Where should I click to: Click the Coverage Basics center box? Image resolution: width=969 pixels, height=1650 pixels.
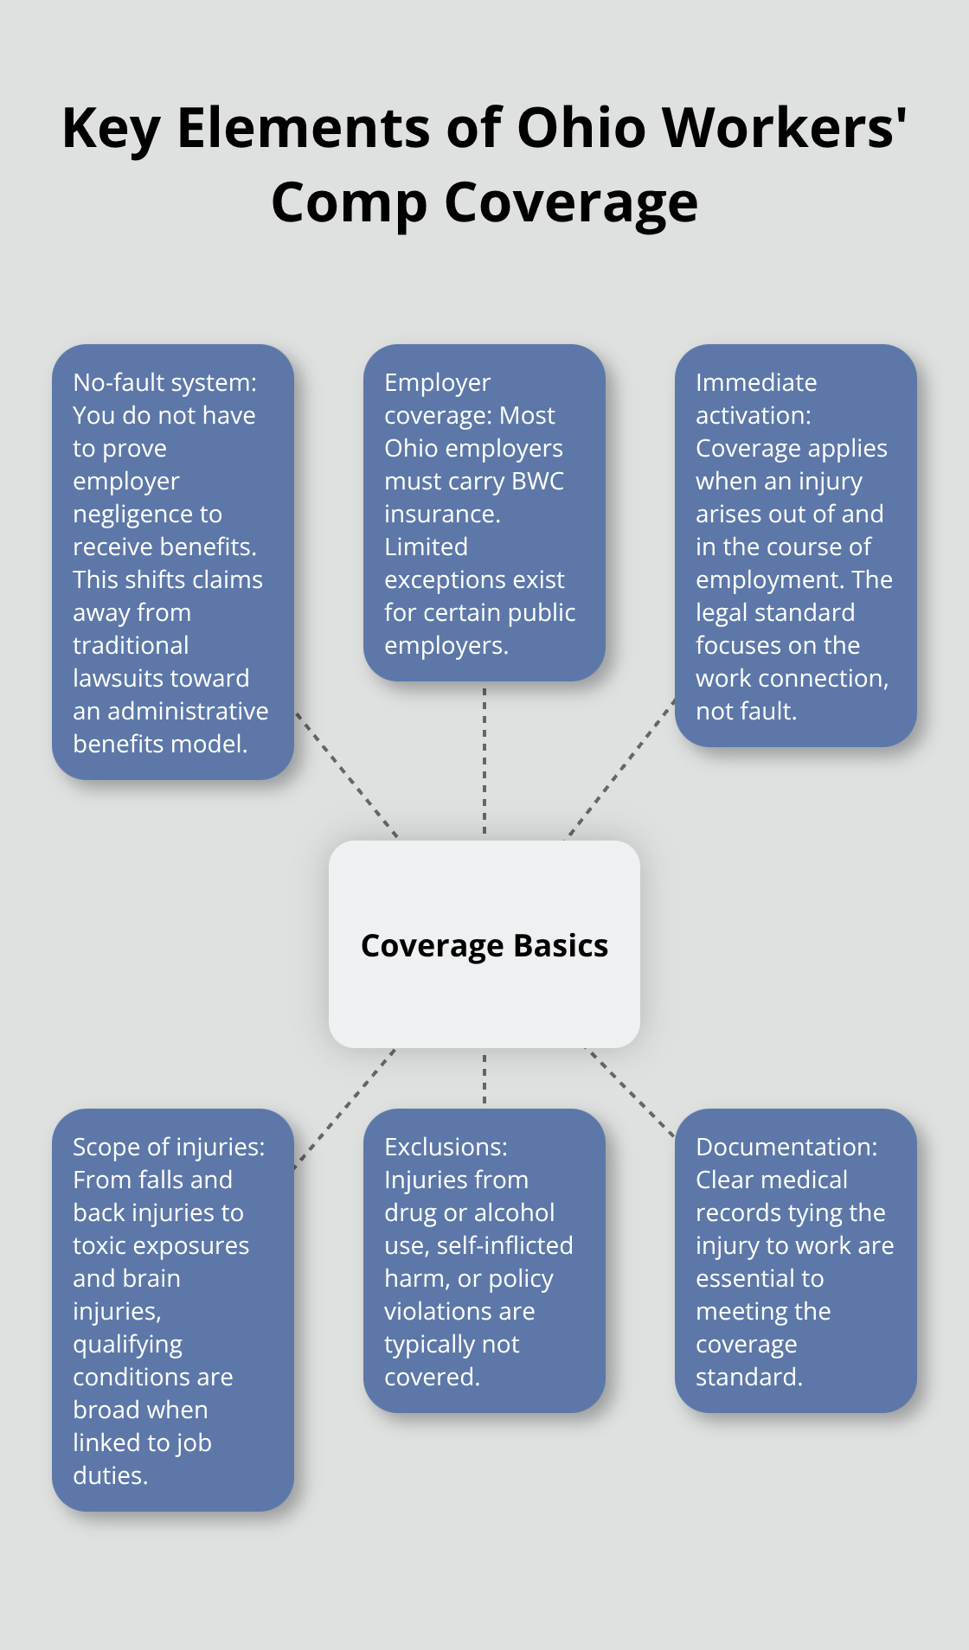484,944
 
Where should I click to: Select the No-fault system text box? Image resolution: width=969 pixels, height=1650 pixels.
173,562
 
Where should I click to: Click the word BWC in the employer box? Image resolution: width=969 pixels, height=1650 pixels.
537,481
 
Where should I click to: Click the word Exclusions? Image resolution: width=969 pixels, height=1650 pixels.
445,1147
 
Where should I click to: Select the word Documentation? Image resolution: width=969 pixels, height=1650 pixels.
786,1147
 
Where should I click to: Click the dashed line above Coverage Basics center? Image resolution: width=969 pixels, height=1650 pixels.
484,761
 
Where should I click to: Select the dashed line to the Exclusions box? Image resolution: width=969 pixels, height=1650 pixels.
484,1078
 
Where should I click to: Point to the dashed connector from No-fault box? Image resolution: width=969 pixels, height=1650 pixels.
346,775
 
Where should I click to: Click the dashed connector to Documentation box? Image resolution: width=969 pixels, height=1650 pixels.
630,1091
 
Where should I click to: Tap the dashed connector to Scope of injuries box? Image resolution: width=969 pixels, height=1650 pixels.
344,1109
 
